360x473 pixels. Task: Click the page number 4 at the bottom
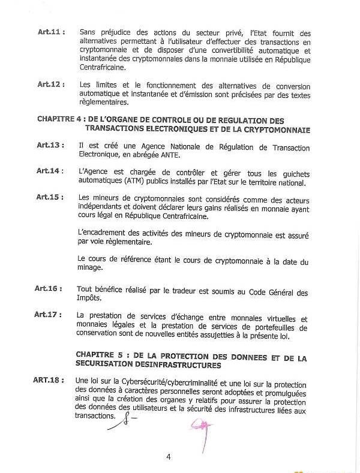click(169, 457)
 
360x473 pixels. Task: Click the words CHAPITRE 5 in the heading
click(100, 355)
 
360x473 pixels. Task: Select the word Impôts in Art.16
click(91, 298)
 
